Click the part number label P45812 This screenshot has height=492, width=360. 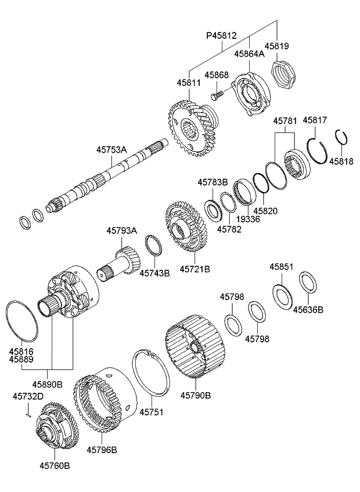pyautogui.click(x=221, y=36)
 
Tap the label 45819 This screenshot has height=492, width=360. pyautogui.click(x=277, y=46)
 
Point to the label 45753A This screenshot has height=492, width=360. pyautogui.click(x=112, y=150)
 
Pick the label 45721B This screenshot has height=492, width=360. pyautogui.click(x=195, y=269)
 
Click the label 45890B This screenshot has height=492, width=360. pyautogui.click(x=48, y=384)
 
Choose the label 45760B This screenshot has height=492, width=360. pyautogui.click(x=55, y=465)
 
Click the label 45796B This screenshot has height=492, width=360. pyautogui.click(x=102, y=449)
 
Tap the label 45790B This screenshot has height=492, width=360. pyautogui.click(x=195, y=396)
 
